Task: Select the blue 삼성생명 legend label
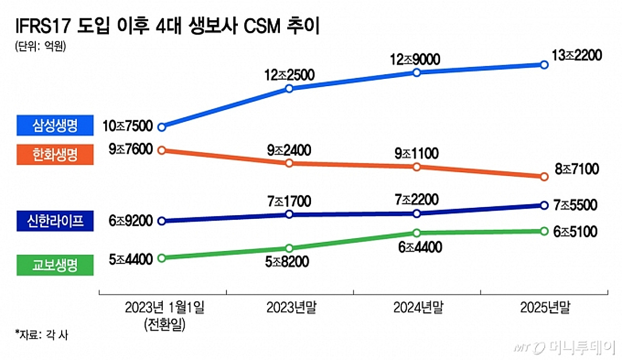point(54,125)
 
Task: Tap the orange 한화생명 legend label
point(54,154)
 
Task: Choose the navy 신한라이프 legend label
point(54,220)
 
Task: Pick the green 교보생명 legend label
point(54,265)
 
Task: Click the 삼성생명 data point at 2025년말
point(544,64)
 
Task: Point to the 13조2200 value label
point(576,56)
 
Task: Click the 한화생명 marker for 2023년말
point(289,163)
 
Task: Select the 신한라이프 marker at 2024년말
point(416,213)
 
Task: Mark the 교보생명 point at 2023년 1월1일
point(161,257)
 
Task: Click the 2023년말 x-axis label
point(291,309)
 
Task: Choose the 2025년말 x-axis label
point(545,309)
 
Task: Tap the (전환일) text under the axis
point(165,325)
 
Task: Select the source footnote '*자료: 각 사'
point(41,335)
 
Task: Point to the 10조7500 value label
point(128,126)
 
